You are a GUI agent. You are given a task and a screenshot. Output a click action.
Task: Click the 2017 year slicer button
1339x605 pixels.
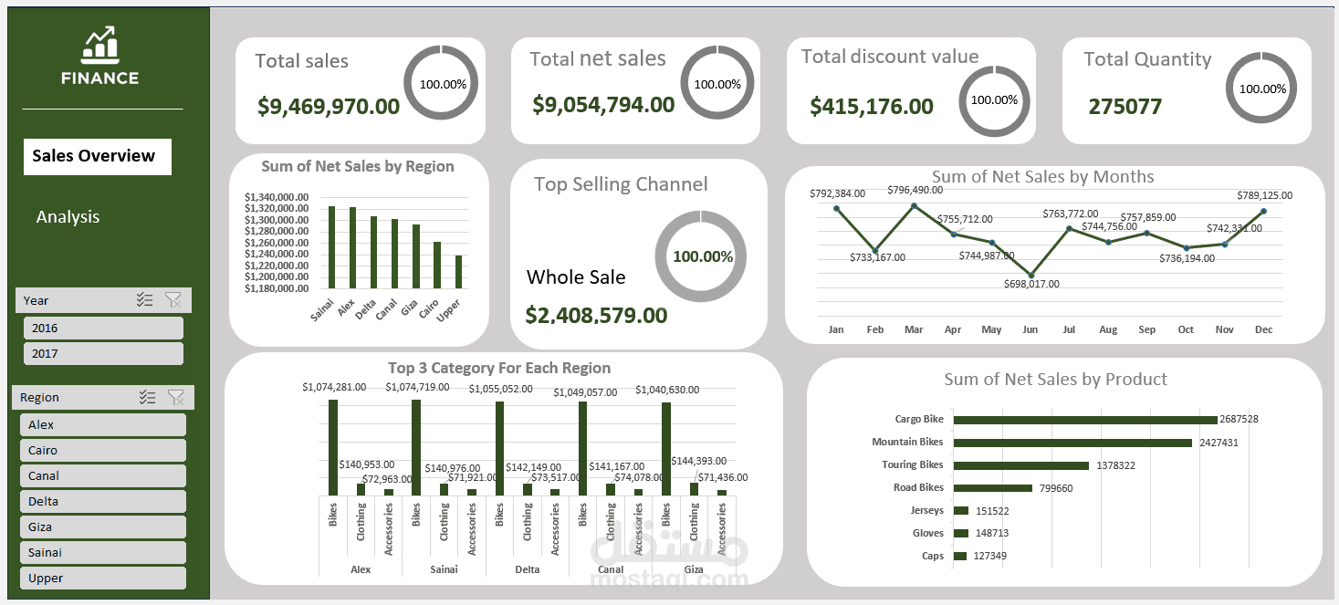pyautogui.click(x=102, y=353)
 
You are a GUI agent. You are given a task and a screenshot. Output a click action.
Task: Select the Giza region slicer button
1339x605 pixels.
pyautogui.click(x=102, y=527)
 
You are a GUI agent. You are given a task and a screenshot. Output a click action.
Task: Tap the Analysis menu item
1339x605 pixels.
pyautogui.click(x=68, y=217)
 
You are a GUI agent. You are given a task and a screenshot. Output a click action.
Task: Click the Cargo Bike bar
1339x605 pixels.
pyautogui.click(x=1085, y=420)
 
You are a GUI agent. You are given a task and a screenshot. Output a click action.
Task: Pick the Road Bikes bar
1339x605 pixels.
pyautogui.click(x=992, y=488)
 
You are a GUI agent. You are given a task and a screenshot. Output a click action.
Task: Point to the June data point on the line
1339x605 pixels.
pyautogui.click(x=1031, y=275)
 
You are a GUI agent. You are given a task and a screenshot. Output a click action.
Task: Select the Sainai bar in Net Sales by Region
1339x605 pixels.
pyautogui.click(x=331, y=247)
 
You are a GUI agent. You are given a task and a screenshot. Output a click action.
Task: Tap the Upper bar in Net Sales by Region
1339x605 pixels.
pyautogui.click(x=458, y=272)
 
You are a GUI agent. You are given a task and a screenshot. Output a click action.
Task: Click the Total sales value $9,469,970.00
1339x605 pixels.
pyautogui.click(x=329, y=107)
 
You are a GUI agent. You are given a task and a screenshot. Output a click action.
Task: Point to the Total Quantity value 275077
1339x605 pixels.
pyautogui.click(x=1125, y=107)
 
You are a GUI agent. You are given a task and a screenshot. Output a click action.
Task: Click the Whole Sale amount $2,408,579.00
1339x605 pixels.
pyautogui.click(x=596, y=316)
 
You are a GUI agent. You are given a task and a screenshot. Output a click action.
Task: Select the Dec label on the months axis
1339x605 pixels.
pyautogui.click(x=1263, y=329)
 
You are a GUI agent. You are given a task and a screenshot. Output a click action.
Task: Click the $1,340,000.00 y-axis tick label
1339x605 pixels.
pyautogui.click(x=277, y=197)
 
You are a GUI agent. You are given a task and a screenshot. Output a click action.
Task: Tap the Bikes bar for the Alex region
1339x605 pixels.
pyautogui.click(x=333, y=447)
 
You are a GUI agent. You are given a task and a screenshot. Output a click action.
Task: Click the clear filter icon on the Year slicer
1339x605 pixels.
pyautogui.click(x=173, y=299)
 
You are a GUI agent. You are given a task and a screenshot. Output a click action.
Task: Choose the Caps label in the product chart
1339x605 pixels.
pyautogui.click(x=933, y=556)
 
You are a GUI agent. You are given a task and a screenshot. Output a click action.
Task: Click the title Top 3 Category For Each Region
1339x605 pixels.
pyautogui.click(x=499, y=369)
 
